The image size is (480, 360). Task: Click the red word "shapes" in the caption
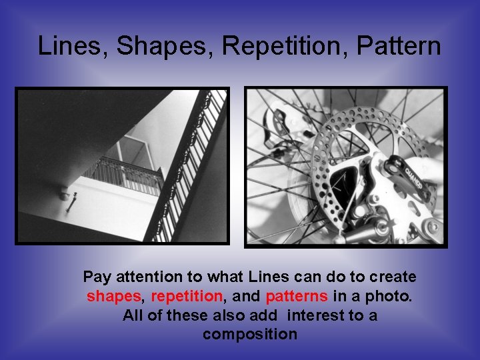tap(111, 296)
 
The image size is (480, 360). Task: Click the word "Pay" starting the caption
tap(95, 277)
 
